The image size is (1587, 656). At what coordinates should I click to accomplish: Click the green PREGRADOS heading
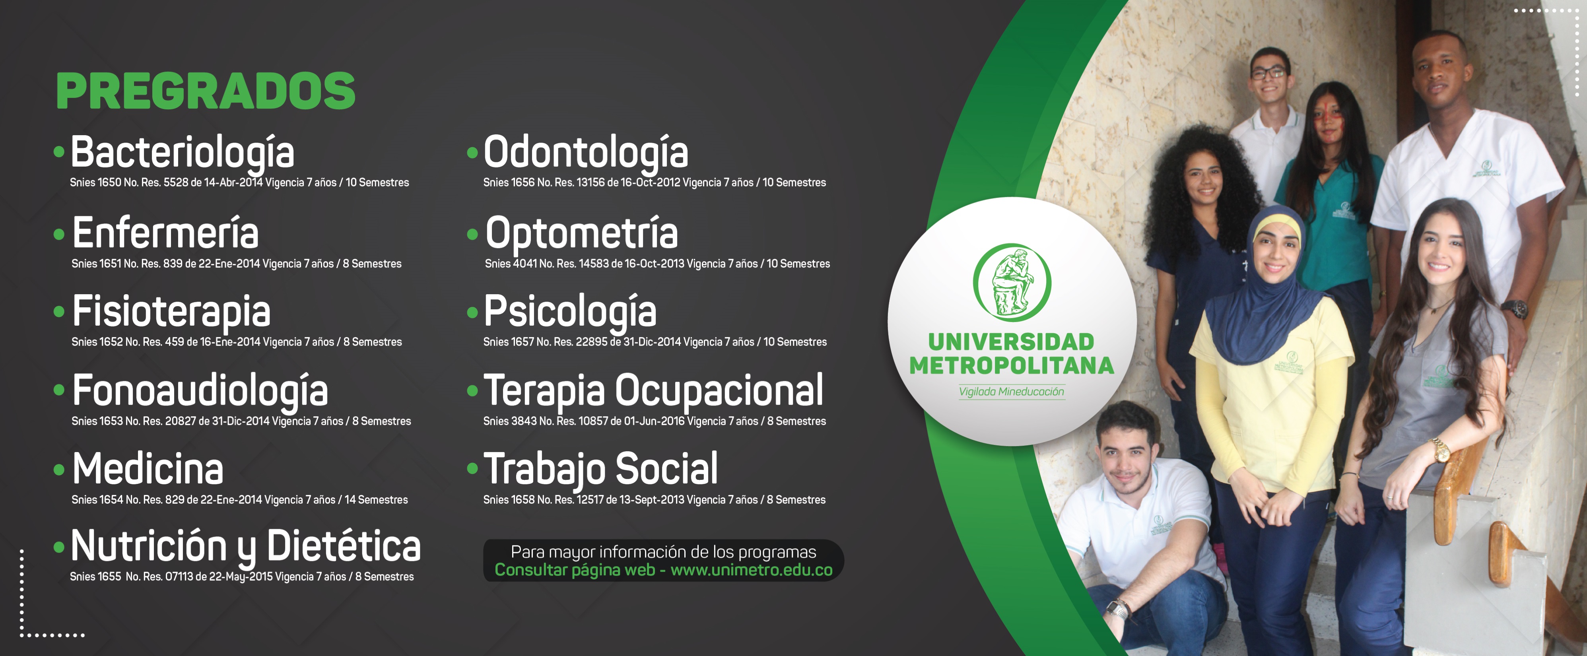pos(206,91)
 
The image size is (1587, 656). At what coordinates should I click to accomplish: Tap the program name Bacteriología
pos(183,152)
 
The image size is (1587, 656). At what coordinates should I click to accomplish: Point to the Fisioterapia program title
pos(171,311)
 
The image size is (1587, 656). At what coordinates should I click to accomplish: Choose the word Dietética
pos(344,546)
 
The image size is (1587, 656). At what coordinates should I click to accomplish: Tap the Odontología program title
pos(586,152)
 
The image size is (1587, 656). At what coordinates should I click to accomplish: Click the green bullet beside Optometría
pos(472,234)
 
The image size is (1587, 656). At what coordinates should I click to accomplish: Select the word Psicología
pos(570,311)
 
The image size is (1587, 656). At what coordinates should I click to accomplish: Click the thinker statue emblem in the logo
pos(1012,282)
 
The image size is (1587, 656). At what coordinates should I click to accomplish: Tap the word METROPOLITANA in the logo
pos(1012,365)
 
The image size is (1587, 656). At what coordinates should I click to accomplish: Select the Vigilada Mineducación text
pos(1012,392)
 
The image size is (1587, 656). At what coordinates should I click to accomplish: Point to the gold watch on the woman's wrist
pos(1441,450)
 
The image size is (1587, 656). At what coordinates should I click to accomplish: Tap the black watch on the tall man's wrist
pos(1514,308)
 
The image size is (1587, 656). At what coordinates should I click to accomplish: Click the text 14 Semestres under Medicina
pos(376,499)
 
